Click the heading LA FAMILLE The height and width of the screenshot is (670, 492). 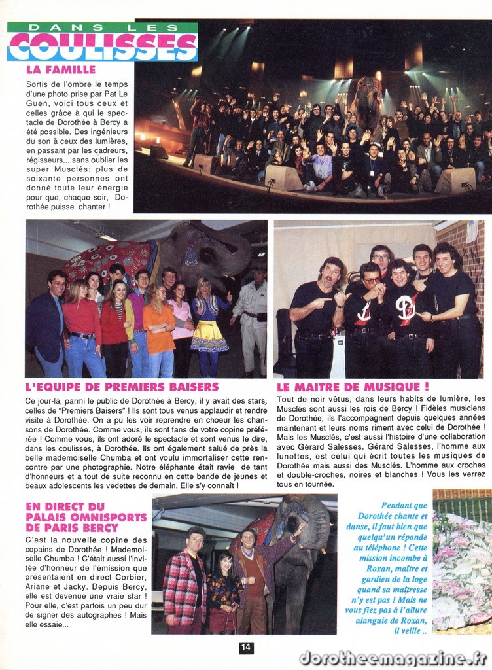[x=61, y=69]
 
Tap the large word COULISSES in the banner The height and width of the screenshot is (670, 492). [x=103, y=46]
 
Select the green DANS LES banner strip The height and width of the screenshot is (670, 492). [x=103, y=27]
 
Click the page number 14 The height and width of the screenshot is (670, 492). [x=245, y=647]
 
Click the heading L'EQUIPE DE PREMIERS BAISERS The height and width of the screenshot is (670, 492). [x=122, y=387]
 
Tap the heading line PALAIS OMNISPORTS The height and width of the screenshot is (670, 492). [x=86, y=517]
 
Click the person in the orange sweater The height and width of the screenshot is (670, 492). [x=159, y=330]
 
